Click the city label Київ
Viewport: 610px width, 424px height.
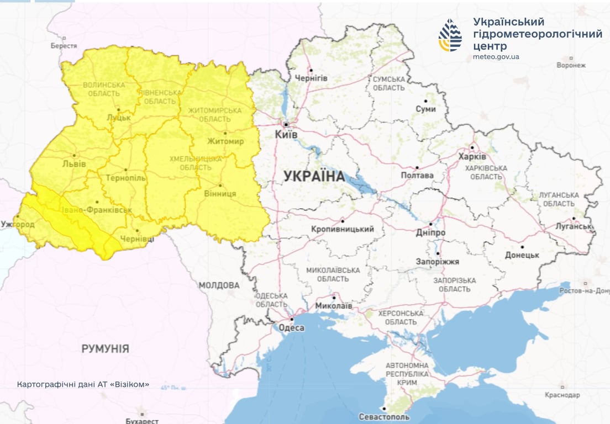click(x=286, y=135)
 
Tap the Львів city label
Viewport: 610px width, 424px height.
click(x=73, y=164)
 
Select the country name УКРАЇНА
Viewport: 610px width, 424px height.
click(x=314, y=177)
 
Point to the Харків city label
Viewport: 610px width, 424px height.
click(x=472, y=156)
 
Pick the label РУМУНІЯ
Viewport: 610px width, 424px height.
click(x=105, y=349)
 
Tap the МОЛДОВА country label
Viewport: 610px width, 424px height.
click(x=219, y=285)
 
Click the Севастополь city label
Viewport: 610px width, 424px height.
click(x=384, y=416)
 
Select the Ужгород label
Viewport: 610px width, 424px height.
click(x=18, y=225)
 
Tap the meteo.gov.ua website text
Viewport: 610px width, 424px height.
click(x=496, y=57)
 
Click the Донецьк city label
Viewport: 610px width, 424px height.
click(x=522, y=255)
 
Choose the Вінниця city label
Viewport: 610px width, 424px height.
click(x=220, y=194)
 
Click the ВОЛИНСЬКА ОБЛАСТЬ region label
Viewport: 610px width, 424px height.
click(x=103, y=89)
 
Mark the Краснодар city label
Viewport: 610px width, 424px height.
click(x=562, y=395)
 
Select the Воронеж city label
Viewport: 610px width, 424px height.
click(x=571, y=65)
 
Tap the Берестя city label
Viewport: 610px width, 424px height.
click(x=64, y=46)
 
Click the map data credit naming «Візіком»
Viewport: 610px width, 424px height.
click(x=83, y=384)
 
